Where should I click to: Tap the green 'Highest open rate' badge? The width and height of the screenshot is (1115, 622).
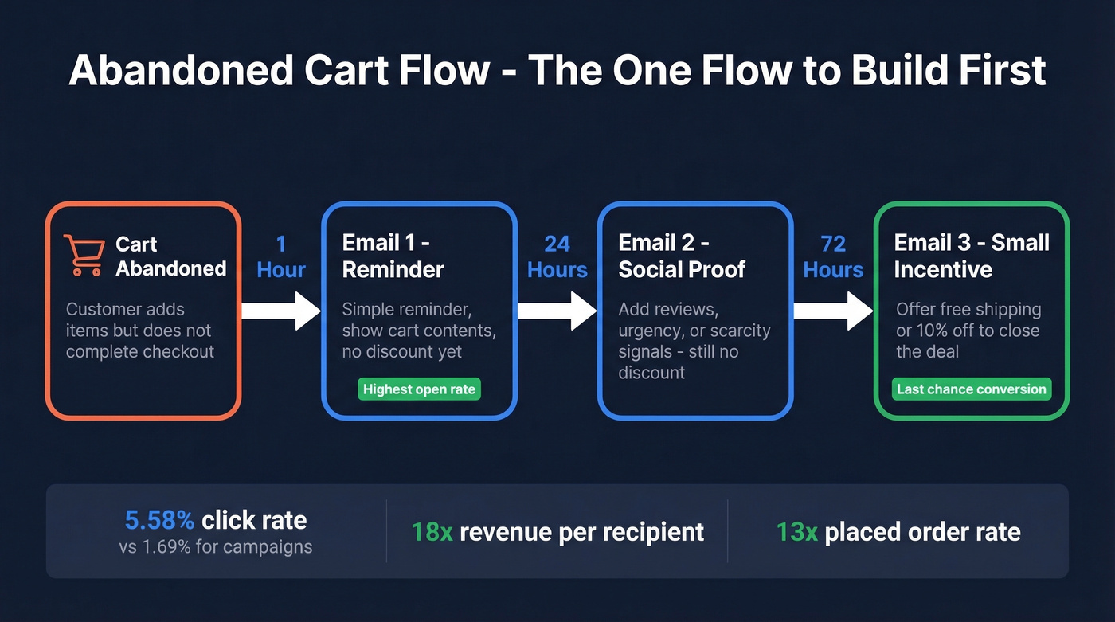pos(419,389)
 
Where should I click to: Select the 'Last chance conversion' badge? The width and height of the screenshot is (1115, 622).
pos(971,389)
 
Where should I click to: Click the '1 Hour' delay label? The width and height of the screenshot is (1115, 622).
pos(281,257)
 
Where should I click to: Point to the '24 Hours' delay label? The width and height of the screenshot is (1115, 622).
pos(557,257)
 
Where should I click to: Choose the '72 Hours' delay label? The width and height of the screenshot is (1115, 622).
pos(833,257)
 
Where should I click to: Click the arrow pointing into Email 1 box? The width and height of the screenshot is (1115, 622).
pos(280,311)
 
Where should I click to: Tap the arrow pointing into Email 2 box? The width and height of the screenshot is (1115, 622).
pos(557,311)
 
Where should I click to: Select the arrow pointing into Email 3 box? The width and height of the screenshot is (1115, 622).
pos(833,311)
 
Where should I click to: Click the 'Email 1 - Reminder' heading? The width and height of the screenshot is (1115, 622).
pos(393,256)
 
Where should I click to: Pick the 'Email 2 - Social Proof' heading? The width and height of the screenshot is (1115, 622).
pos(681,256)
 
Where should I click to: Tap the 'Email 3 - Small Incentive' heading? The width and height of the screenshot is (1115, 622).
pos(971,256)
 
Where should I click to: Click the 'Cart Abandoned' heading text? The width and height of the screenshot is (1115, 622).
pos(170,256)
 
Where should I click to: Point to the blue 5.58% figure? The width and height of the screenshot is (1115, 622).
pos(159,521)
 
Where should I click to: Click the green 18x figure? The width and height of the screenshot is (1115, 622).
pos(432,532)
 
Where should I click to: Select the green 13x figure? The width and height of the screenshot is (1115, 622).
pos(796,532)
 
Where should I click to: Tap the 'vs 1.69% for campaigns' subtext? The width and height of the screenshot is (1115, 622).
pos(215,547)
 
